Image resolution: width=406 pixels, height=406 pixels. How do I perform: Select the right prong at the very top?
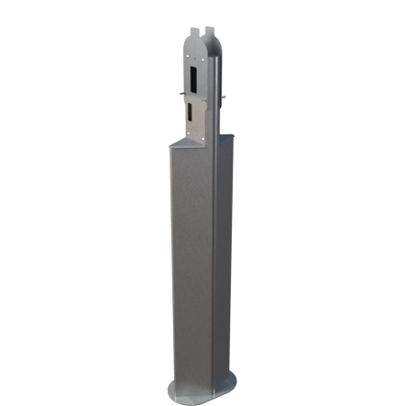click(210, 30)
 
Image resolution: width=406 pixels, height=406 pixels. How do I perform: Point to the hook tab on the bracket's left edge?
click(183, 92)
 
